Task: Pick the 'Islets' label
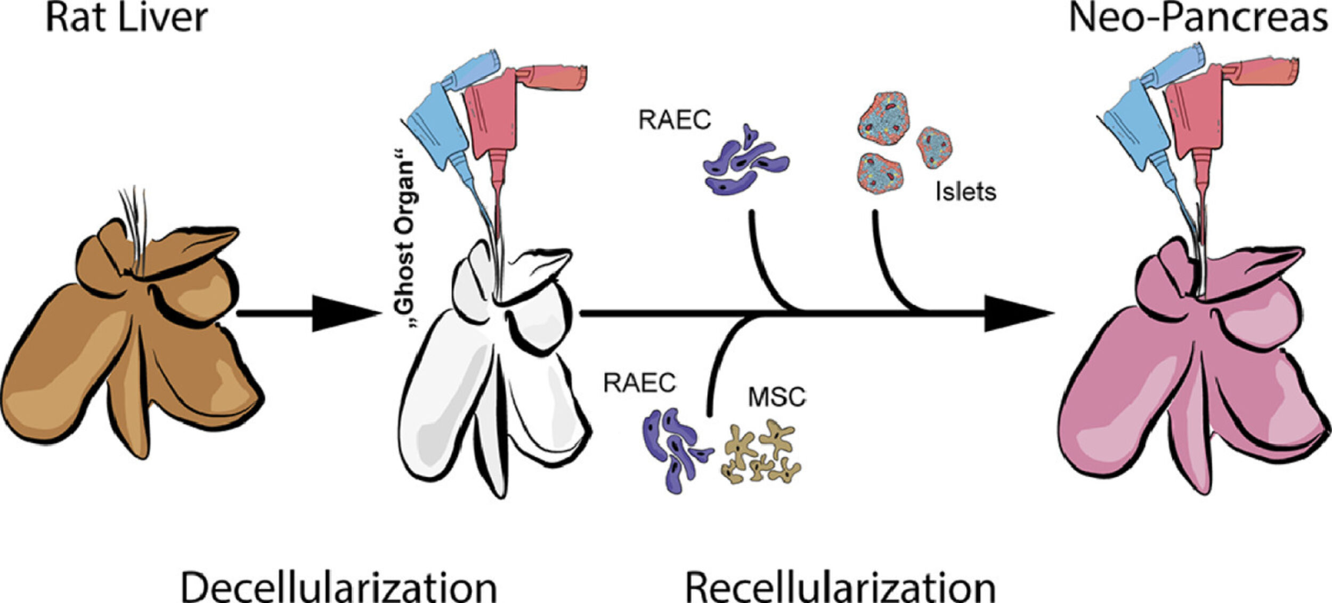[965, 192]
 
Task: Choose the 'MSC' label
[777, 397]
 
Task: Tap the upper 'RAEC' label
[675, 120]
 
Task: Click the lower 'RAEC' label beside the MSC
[639, 382]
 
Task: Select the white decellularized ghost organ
[490, 373]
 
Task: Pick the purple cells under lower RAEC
[674, 448]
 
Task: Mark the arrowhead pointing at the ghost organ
[346, 313]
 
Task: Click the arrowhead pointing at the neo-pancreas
[1018, 313]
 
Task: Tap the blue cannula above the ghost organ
[437, 123]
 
